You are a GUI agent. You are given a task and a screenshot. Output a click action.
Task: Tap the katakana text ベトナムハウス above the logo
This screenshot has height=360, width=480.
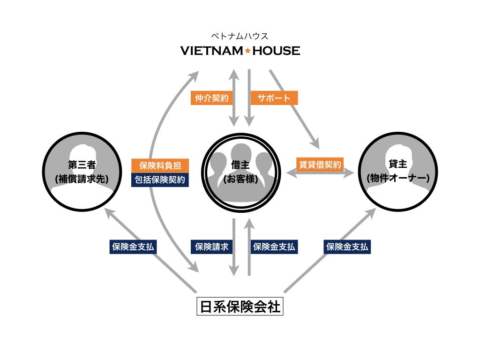coord(240,36)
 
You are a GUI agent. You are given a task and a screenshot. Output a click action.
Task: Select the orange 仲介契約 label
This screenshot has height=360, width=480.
coord(212,98)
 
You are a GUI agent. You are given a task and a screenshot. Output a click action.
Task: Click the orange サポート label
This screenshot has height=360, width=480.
coord(274,98)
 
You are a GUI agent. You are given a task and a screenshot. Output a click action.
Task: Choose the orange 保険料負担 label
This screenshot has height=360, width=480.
coord(160,166)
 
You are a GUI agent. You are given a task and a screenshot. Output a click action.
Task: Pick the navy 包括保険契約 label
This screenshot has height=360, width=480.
coord(160,180)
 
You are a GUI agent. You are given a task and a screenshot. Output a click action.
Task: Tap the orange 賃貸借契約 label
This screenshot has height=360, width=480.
coord(320,165)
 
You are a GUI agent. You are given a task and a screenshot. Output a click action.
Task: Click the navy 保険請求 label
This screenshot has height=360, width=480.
coord(212,247)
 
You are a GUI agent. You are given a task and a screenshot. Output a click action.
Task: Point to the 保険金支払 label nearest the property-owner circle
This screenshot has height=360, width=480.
coord(347,247)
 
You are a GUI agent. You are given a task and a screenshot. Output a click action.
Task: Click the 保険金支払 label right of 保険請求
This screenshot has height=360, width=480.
coord(274,247)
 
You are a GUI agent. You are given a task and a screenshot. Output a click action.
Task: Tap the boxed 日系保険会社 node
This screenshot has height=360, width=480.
coord(240,307)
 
